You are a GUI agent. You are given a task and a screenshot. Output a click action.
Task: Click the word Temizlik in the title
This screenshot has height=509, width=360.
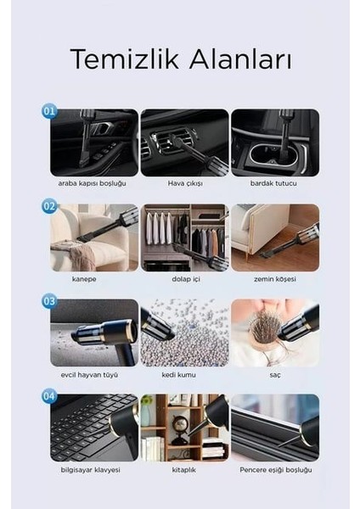pos(125,59)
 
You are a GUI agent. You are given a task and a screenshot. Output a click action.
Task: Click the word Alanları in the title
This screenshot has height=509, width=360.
pos(240,59)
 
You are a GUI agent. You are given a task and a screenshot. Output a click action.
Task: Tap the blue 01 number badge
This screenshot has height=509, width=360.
pos(49,111)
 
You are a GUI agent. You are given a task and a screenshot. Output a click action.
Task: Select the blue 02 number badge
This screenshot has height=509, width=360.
pos(49,206)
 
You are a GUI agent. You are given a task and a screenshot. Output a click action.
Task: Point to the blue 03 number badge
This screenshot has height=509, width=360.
pos(49,301)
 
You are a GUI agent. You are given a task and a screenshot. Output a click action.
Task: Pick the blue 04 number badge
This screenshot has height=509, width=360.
pos(49,396)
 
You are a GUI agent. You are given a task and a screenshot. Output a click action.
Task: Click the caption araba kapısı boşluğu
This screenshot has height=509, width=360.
pos(93,183)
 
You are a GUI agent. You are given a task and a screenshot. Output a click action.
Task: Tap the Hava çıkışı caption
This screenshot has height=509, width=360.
pos(185,183)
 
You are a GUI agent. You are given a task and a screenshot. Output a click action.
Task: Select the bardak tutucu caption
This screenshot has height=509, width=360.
pos(273,183)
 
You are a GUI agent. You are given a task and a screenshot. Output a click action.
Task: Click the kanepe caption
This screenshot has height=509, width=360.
pos(84,279)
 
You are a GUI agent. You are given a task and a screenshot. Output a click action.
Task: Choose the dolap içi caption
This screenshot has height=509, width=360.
pos(186,279)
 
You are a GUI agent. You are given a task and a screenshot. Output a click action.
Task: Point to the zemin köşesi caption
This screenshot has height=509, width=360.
pos(275,279)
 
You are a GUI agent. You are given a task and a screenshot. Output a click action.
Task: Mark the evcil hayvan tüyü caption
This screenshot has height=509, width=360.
pos(89,375)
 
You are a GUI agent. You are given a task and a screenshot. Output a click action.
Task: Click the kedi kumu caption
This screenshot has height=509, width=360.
pos(178,375)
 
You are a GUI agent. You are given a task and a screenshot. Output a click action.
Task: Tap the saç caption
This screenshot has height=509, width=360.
pos(275,375)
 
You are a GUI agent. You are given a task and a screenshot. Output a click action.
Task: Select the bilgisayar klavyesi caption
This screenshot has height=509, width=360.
pos(90,470)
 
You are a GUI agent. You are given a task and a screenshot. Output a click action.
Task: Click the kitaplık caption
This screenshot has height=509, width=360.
pos(184,470)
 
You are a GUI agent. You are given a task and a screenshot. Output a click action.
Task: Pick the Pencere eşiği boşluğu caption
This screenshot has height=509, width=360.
pos(276,470)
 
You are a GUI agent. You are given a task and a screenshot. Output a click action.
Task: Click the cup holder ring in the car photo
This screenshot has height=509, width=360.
pos(256,160)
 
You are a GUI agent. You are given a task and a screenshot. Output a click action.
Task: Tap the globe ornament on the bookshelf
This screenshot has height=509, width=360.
pos(180,423)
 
